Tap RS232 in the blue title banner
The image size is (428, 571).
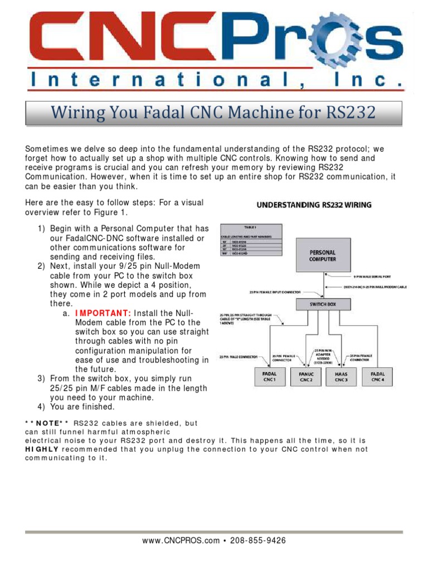click(349, 114)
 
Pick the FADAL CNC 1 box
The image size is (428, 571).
click(270, 376)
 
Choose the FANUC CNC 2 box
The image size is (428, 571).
click(306, 376)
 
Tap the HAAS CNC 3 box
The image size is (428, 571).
click(341, 376)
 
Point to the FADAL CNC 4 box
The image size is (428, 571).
click(377, 376)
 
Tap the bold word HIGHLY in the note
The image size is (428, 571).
click(41, 449)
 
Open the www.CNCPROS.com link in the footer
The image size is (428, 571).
click(181, 540)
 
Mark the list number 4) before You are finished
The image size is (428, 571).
click(41, 407)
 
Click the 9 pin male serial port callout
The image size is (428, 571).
click(376, 276)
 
